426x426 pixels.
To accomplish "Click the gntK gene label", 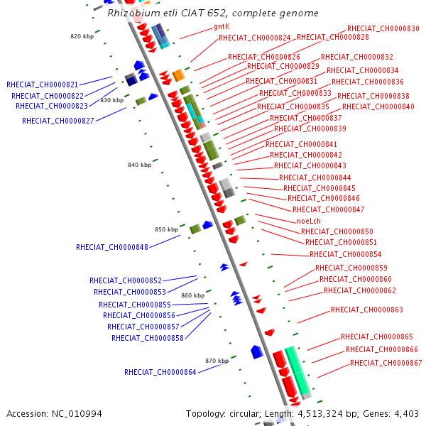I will pyautogui.click(x=222, y=26).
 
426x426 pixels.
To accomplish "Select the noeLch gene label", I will pyautogui.click(x=309, y=221).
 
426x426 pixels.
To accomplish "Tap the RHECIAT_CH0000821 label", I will pyautogui.click(x=42, y=84).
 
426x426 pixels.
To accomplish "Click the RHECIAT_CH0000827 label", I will pyautogui.click(x=58, y=121).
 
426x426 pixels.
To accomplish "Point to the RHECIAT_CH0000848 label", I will pyautogui.click(x=111, y=247).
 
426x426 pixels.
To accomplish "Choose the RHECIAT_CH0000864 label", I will pyautogui.click(x=160, y=372).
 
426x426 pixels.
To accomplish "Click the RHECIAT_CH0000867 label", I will pyautogui.click(x=386, y=363).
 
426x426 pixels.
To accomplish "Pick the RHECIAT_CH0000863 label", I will pyautogui.click(x=366, y=310).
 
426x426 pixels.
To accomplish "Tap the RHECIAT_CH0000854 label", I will pyautogui.click(x=345, y=254).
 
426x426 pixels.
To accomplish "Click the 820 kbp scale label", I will pyautogui.click(x=82, y=36).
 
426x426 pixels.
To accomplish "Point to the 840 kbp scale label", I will pyautogui.click(x=139, y=165).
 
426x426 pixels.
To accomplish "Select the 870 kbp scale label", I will pyautogui.click(x=217, y=361).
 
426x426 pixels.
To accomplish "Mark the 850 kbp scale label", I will pyautogui.click(x=166, y=229).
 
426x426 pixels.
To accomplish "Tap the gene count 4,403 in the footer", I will pyautogui.click(x=404, y=413).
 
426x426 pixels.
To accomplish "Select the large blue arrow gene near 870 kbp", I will pyautogui.click(x=257, y=351).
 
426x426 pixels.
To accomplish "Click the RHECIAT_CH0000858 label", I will pyautogui.click(x=147, y=338).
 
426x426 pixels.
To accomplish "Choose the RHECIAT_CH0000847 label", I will pyautogui.click(x=328, y=209).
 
